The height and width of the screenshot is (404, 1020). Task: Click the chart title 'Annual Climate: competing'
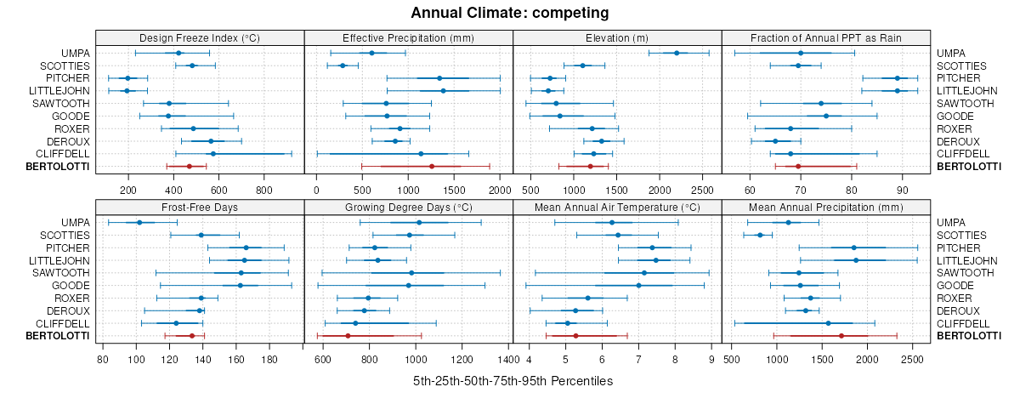click(x=509, y=13)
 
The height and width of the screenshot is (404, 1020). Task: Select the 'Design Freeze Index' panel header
click(x=200, y=37)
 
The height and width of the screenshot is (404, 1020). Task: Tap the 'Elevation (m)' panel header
click(x=617, y=37)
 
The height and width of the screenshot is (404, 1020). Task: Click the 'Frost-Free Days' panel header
click(x=200, y=207)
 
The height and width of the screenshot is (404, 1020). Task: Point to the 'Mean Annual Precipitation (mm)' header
click(x=826, y=207)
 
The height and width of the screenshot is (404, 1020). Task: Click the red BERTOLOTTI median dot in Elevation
click(x=590, y=167)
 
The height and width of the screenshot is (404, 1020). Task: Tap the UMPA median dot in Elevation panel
click(x=677, y=53)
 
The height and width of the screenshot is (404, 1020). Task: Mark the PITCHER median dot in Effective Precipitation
click(x=439, y=78)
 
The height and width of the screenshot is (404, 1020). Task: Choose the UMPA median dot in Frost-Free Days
click(x=139, y=222)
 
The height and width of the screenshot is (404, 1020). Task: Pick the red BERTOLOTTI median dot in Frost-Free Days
click(x=192, y=336)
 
